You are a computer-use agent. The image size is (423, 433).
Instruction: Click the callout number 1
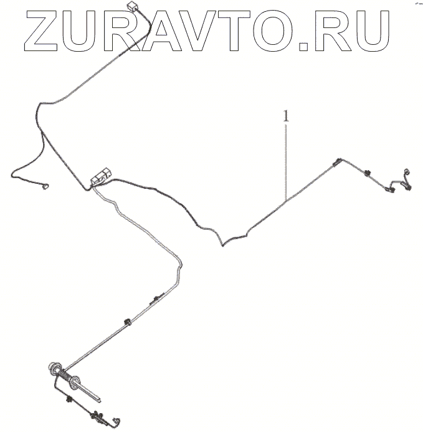(285, 117)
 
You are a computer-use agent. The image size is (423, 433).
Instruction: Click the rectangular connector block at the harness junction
(102, 176)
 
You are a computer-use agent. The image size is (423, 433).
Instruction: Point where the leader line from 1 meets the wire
(286, 199)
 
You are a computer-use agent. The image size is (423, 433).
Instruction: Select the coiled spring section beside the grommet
(66, 378)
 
